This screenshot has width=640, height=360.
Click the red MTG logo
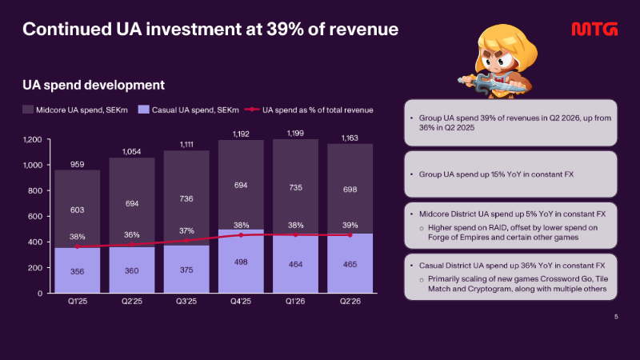click(x=594, y=30)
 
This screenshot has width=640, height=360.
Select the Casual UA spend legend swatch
click(x=144, y=110)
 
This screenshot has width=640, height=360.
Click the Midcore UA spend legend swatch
click(x=28, y=110)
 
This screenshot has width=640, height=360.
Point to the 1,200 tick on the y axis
click(x=32, y=139)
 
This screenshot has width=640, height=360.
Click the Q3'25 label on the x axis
click(x=186, y=302)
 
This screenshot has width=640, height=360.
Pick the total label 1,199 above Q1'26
click(x=295, y=133)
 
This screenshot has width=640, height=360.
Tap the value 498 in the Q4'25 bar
click(x=241, y=262)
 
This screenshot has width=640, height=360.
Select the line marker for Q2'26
click(x=350, y=235)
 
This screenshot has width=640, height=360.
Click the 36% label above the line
click(x=131, y=234)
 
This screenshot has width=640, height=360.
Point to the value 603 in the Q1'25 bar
click(x=77, y=210)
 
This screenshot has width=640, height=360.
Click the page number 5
click(x=616, y=316)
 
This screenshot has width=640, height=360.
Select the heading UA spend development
click(x=94, y=85)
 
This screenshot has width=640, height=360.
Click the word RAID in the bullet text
click(x=498, y=227)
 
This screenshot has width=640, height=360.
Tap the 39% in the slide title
click(x=282, y=29)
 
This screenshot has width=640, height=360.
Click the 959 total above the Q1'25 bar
click(x=77, y=164)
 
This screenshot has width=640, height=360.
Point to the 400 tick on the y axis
click(x=34, y=242)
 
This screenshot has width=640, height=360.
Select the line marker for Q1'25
click(x=77, y=246)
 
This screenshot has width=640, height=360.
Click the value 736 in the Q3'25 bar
click(x=186, y=198)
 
